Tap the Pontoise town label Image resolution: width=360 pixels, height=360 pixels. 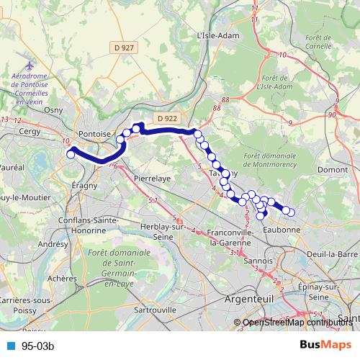[x=95, y=134]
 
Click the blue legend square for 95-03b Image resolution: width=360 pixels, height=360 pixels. [x=12, y=346]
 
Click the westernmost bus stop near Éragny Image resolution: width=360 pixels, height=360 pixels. [x=71, y=153]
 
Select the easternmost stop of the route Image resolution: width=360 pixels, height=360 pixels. [x=292, y=212]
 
